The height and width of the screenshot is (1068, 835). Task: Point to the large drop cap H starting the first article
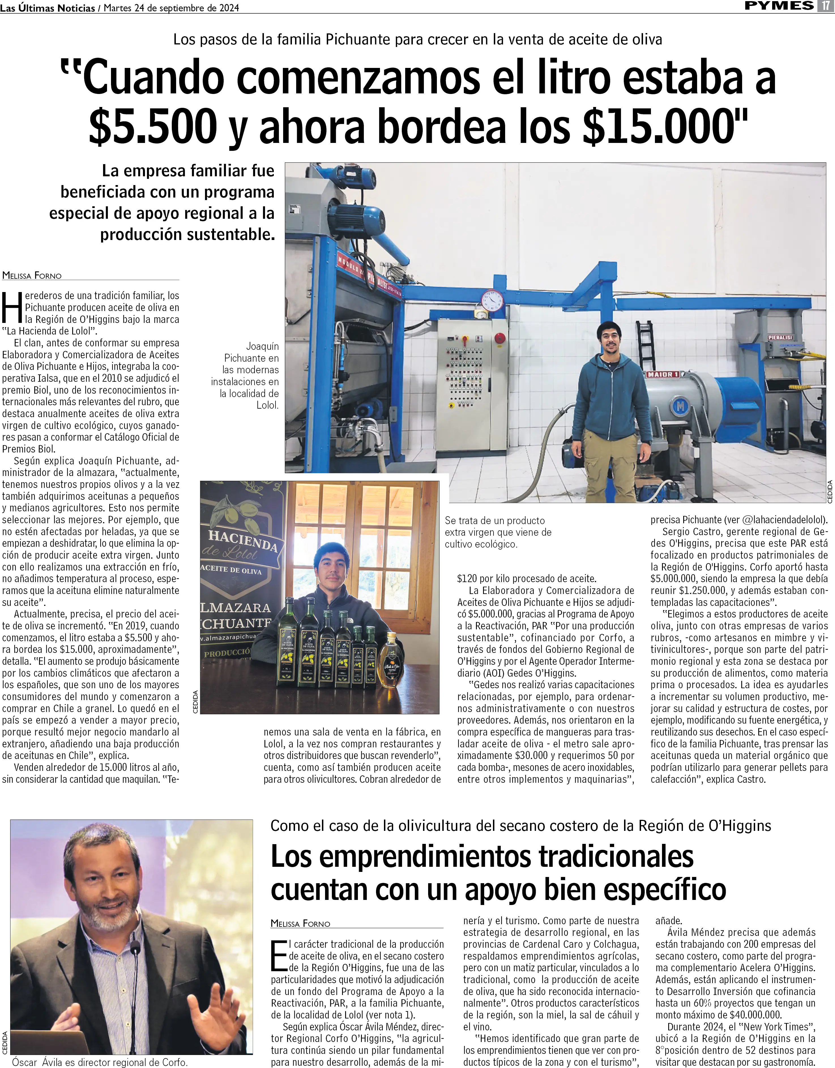tap(12, 307)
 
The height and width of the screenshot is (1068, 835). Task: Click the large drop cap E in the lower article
tap(279, 956)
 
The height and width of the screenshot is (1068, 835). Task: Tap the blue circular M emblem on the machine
tap(680, 406)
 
